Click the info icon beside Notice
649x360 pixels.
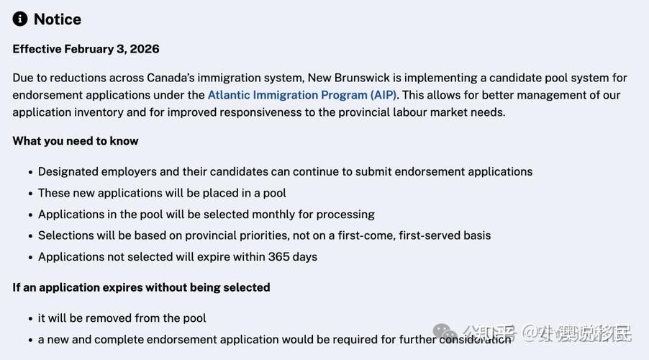20,19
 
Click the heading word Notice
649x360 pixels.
58,19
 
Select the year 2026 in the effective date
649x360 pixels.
144,49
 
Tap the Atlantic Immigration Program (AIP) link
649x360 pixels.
302,95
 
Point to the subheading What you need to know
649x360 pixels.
76,141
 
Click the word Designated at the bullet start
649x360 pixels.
68,172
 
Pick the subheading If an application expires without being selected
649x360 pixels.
141,287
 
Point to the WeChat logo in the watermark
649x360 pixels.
444,333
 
